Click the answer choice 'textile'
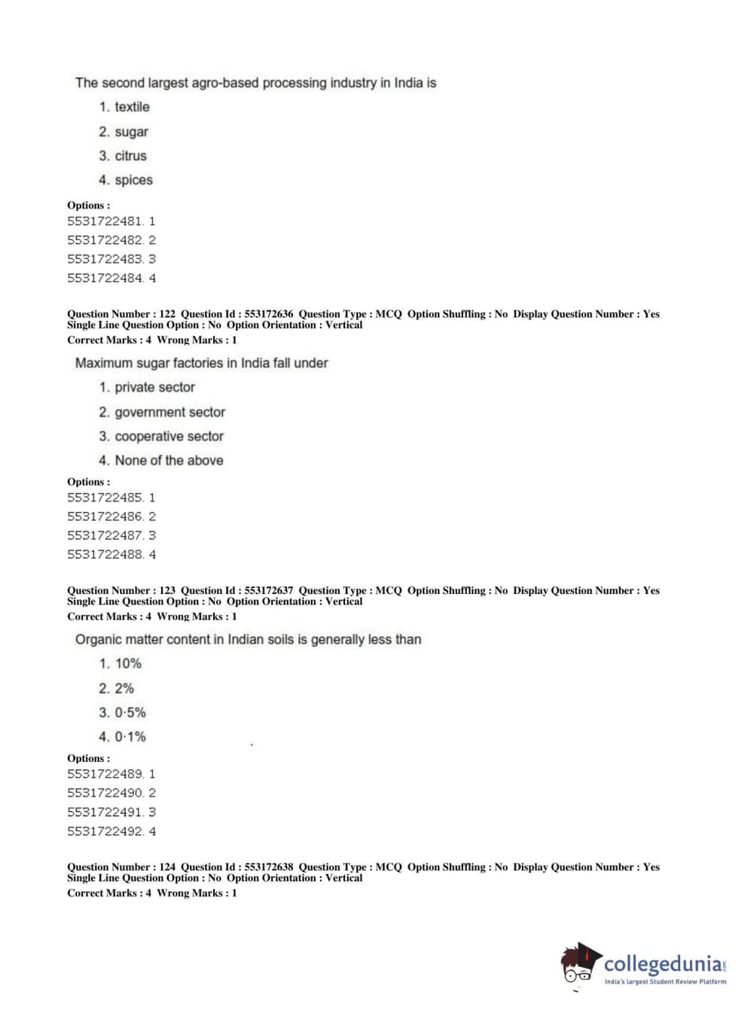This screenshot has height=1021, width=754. pyautogui.click(x=132, y=107)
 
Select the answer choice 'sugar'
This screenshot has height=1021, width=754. pyautogui.click(x=131, y=132)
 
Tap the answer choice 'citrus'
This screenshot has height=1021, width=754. pyautogui.click(x=130, y=156)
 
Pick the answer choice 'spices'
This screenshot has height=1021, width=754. pyautogui.click(x=133, y=180)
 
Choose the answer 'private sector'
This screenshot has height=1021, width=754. pyautogui.click(x=154, y=387)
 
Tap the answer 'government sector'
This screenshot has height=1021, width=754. pyautogui.click(x=169, y=412)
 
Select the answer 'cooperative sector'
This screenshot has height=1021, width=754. pyautogui.click(x=169, y=436)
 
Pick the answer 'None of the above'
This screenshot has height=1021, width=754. pyautogui.click(x=169, y=460)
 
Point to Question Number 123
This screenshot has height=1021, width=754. pyautogui.click(x=121, y=590)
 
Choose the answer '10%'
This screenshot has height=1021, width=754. pyautogui.click(x=128, y=663)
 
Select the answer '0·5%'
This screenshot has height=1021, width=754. pyautogui.click(x=130, y=712)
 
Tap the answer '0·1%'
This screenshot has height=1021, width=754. pyautogui.click(x=130, y=736)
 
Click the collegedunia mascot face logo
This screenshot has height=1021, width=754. pyautogui.click(x=579, y=963)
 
